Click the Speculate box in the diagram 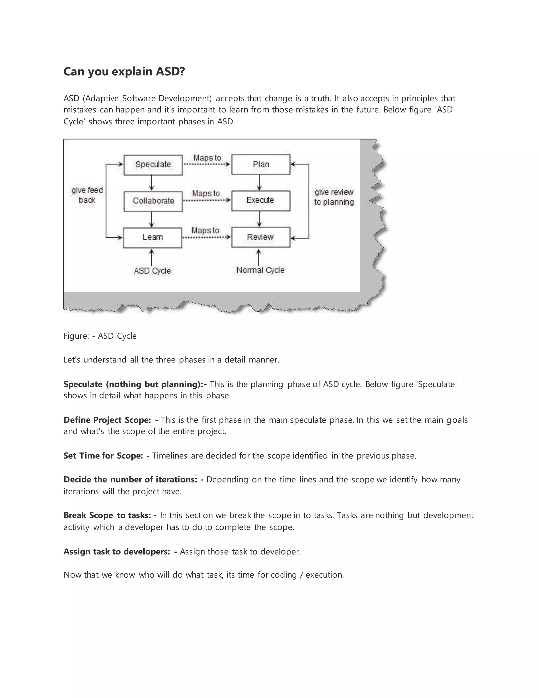coord(153,165)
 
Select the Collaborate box coord(153,201)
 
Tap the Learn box coord(152,238)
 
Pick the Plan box coord(261,165)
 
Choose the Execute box coord(261,200)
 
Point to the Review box coord(261,237)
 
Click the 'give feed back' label coord(87,195)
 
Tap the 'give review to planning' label coord(334,197)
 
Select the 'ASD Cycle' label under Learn coord(152,271)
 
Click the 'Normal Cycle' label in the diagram coord(260,271)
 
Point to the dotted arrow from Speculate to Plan coord(207,165)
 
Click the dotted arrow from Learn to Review coord(206,238)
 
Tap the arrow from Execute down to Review coord(259,219)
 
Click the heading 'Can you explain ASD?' coord(124,71)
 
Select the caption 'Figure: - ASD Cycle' coord(100,336)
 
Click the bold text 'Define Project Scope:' coord(107,420)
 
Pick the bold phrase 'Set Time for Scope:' coord(103,456)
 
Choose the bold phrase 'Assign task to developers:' coord(117,552)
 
